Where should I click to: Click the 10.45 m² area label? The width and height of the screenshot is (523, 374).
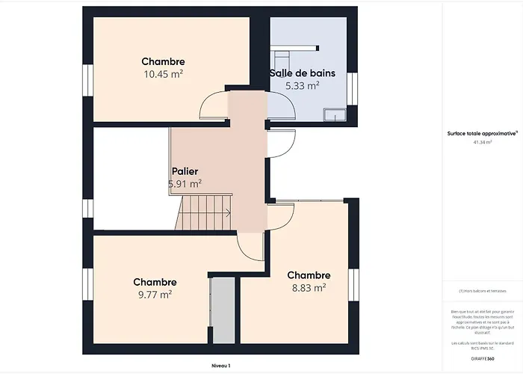(x=164, y=74)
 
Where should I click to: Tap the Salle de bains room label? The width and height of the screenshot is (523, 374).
(x=302, y=73)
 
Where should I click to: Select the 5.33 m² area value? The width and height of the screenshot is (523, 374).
(x=302, y=86)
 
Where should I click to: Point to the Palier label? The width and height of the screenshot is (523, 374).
(x=185, y=171)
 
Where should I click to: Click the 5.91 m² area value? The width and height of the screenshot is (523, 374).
(x=185, y=183)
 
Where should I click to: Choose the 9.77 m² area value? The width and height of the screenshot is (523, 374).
(x=155, y=295)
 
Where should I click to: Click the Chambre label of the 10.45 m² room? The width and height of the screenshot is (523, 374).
(x=163, y=61)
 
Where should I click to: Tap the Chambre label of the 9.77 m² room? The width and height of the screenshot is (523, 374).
(x=155, y=282)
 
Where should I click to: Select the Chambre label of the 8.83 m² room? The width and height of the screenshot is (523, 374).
(x=308, y=275)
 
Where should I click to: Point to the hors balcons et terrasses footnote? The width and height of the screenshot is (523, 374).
(x=482, y=291)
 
